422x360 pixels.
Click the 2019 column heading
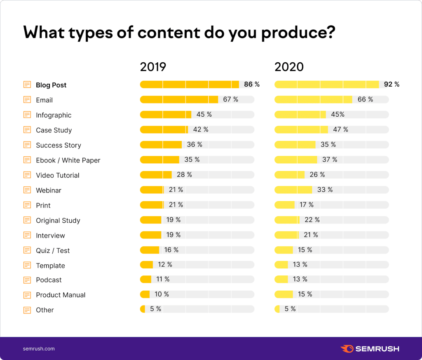(153, 67)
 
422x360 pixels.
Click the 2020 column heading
(289, 67)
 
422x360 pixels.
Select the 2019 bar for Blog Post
(189, 85)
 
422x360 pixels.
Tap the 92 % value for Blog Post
(392, 85)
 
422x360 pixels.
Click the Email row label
(44, 100)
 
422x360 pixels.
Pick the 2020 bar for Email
(313, 99)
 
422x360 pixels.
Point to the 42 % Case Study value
(201, 129)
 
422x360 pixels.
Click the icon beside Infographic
(27, 115)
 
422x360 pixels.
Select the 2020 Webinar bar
(293, 190)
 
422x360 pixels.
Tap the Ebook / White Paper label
(68, 160)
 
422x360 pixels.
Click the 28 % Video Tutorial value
(184, 175)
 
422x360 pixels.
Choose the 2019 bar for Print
(152, 205)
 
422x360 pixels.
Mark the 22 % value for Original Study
(312, 220)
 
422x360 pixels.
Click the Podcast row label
(49, 280)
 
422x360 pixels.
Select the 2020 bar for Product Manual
(284, 294)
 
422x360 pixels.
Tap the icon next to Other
(27, 310)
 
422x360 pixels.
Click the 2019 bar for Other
(143, 309)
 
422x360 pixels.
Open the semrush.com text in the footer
(39, 349)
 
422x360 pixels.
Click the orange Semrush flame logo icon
(347, 349)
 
